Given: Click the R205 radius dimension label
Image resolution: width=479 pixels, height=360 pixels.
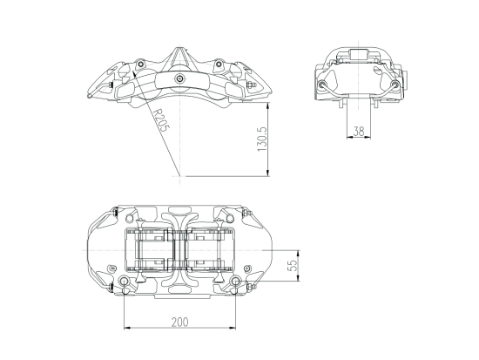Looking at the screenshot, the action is (x=161, y=120).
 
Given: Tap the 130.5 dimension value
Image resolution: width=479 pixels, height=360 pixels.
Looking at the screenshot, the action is (x=262, y=139).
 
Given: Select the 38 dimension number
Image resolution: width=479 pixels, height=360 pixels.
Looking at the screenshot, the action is (x=359, y=132).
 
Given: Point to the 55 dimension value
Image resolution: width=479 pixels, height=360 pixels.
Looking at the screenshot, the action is (x=293, y=266).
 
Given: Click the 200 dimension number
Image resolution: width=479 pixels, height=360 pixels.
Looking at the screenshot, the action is (x=180, y=322).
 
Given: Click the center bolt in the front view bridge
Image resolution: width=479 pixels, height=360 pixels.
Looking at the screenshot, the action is (x=179, y=79).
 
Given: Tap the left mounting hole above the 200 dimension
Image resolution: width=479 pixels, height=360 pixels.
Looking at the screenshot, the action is (x=124, y=282).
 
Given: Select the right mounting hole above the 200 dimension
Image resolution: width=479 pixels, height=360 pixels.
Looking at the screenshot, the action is (x=235, y=281).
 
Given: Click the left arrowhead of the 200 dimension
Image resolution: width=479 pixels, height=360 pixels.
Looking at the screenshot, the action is (x=127, y=329).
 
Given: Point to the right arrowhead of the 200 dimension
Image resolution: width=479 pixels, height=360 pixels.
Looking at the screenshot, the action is (x=233, y=329).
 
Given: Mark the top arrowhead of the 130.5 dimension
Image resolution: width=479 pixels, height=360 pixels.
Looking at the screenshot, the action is (x=268, y=106).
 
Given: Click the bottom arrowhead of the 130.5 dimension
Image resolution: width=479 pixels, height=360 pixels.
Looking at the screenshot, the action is (x=268, y=173).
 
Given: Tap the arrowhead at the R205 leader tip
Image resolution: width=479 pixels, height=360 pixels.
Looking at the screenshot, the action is (x=135, y=73).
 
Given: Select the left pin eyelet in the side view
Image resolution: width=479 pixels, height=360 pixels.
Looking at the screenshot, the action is (x=322, y=84).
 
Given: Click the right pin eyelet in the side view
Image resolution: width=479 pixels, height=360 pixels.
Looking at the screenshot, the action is (x=395, y=84).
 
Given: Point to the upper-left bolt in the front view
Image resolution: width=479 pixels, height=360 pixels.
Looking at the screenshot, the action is (x=140, y=65).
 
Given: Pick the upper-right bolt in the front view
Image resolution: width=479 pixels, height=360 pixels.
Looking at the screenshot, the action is (x=219, y=65).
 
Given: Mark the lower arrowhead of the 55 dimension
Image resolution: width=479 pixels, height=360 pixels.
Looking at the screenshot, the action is (x=299, y=278).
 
